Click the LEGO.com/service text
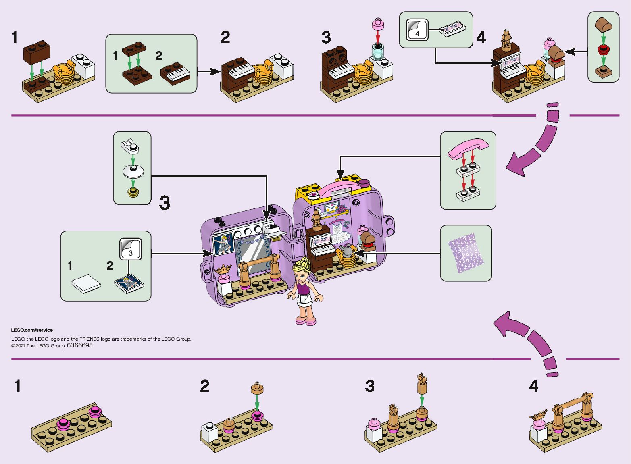(32, 330)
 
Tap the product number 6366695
(80, 345)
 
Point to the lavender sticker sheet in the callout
(466, 253)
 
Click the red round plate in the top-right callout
(603, 50)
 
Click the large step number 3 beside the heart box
(165, 203)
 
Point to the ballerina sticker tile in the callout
(129, 283)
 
